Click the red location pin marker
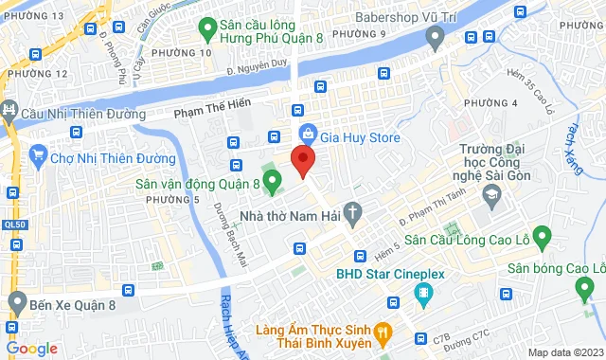click(302, 160)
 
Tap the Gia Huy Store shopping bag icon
click(307, 134)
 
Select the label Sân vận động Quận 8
click(197, 184)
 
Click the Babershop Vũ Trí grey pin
click(436, 39)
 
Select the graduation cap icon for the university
click(491, 195)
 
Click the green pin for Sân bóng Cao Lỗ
click(543, 234)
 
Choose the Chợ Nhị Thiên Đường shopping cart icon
click(39, 154)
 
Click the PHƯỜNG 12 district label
click(35, 73)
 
